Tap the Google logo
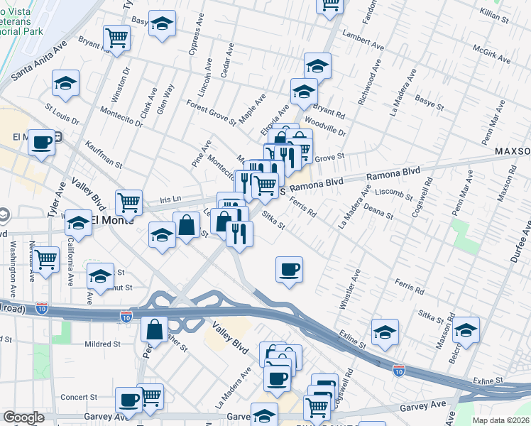23,417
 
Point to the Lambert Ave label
363,41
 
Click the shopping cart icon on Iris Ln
129,202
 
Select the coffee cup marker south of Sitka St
289,269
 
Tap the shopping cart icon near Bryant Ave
116,37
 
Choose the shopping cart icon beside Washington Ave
46,258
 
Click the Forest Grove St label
212,112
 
